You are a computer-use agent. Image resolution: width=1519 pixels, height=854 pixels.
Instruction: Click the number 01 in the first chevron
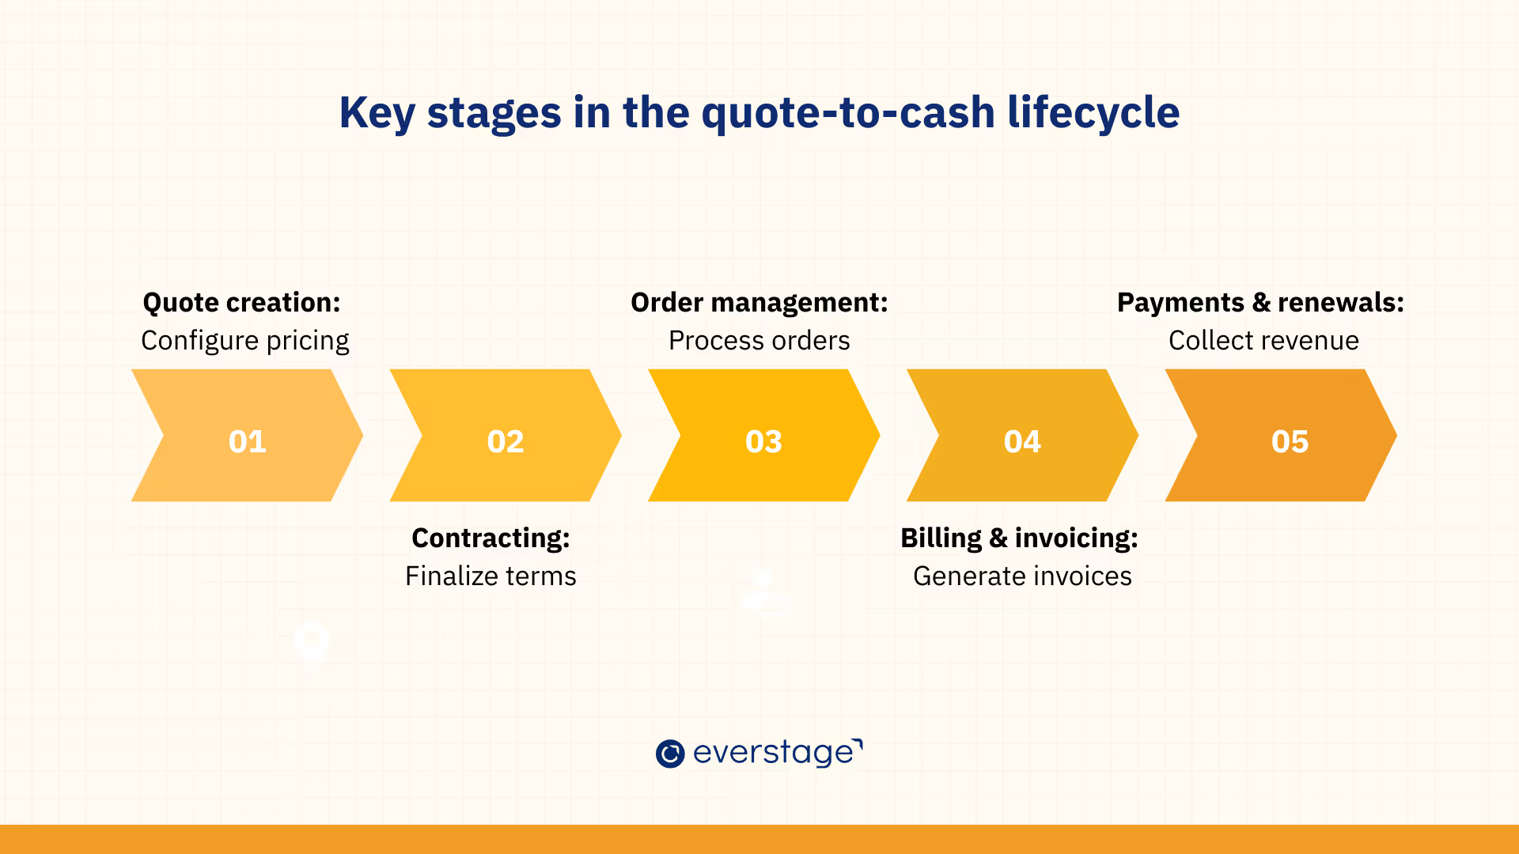247,441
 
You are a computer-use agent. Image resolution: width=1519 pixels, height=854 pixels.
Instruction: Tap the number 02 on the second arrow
506,441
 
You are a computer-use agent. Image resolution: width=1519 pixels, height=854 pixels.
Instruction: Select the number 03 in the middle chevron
763,441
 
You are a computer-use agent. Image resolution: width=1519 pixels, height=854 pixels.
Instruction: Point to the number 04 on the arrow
1022,441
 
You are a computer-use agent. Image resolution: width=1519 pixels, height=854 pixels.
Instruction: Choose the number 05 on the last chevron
1290,441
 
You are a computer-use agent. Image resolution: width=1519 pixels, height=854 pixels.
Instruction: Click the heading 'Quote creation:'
241,303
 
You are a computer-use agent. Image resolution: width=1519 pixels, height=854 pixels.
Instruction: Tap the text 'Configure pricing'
245,341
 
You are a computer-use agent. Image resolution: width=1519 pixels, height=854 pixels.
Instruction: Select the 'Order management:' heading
759,303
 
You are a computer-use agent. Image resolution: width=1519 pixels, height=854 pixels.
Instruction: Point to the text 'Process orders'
759,341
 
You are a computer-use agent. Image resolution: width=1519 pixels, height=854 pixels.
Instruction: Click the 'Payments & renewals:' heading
1260,303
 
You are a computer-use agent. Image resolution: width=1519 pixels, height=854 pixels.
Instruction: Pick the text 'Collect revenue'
1263,341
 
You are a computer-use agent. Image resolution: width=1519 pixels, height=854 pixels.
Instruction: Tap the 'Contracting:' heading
491,538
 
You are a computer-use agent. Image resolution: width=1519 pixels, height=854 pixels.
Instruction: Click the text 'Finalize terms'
491,576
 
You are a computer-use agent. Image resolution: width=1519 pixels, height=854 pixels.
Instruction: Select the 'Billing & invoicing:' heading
1019,538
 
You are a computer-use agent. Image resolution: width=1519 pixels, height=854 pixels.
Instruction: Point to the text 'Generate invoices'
1022,576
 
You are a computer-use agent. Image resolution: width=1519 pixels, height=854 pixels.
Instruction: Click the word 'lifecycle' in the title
1093,112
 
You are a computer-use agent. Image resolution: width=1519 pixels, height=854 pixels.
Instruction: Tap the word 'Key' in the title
377,112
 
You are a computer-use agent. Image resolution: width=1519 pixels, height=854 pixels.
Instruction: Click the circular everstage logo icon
670,754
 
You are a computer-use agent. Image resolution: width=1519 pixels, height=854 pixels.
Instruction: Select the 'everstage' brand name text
774,753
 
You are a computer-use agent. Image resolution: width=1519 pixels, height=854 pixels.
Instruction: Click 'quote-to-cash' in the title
848,112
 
